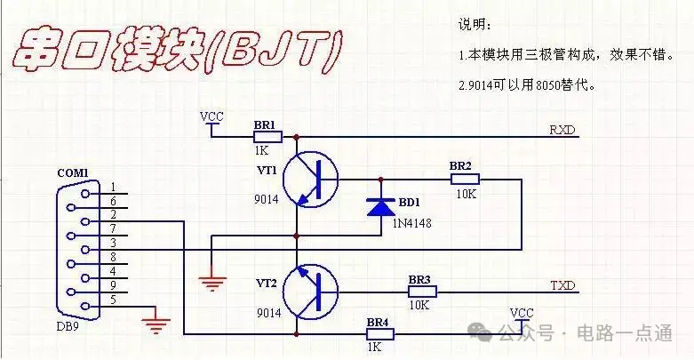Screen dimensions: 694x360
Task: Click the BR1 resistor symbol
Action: click(267, 137)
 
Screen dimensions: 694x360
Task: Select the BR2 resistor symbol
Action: click(465, 180)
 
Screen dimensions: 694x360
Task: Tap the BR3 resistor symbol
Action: click(422, 292)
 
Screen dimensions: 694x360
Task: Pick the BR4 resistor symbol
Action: click(380, 334)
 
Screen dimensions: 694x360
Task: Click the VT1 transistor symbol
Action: click(310, 179)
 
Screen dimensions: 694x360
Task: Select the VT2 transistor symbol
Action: click(310, 292)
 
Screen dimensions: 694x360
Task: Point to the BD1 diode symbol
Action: click(380, 207)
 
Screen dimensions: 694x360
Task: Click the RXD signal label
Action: click(562, 130)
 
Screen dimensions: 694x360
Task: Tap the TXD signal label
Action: click(562, 285)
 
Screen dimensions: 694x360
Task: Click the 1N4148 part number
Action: click(411, 222)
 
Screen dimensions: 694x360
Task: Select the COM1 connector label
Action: click(73, 172)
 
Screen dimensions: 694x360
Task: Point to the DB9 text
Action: click(68, 327)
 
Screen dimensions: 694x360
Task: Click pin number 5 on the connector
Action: click(114, 300)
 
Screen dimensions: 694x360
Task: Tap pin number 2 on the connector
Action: click(114, 215)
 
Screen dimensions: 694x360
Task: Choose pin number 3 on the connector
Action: click(114, 243)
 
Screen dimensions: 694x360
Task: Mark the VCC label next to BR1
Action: click(211, 116)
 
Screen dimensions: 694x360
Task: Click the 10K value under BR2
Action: click(466, 194)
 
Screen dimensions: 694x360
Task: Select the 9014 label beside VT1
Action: click(267, 200)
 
